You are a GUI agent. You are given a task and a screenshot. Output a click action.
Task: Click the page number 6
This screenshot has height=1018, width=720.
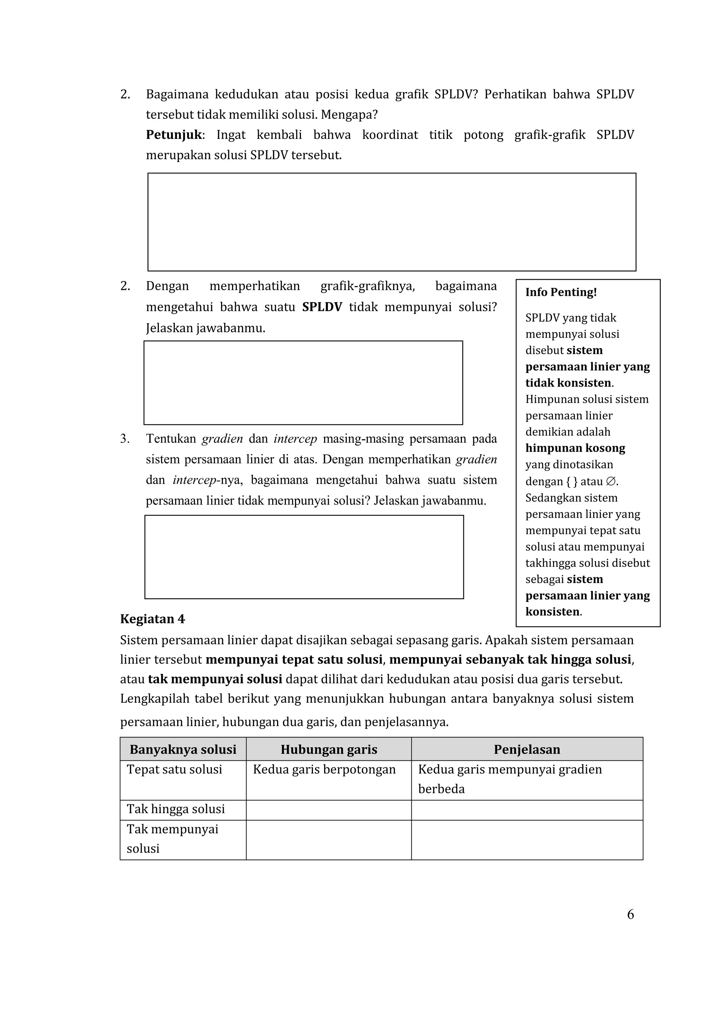pos(630,914)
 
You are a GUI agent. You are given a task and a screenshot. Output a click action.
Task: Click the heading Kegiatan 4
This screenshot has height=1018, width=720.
pos(152,619)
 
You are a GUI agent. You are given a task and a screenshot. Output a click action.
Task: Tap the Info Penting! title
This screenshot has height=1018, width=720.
pos(561,292)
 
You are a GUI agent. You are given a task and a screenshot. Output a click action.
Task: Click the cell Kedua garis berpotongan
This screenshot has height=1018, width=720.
pos(324,769)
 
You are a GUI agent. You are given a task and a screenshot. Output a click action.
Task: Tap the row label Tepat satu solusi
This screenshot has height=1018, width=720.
pos(174,769)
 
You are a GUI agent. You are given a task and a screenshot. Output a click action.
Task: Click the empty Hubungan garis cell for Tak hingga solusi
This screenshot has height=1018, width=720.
pos(329,810)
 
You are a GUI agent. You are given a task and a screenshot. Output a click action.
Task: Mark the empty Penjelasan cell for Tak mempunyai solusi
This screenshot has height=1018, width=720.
pos(527,840)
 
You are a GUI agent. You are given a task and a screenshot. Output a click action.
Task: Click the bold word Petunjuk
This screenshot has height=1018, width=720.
pos(174,135)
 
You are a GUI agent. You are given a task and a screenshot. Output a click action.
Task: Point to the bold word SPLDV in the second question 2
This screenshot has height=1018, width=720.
pos(322,307)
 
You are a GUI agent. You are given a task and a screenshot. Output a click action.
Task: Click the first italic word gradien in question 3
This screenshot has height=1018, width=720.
pos(222,439)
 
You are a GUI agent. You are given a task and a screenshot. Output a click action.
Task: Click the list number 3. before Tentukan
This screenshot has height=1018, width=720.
pos(125,439)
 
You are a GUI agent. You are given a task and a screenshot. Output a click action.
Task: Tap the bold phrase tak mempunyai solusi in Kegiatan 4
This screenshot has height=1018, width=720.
pos(215,679)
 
